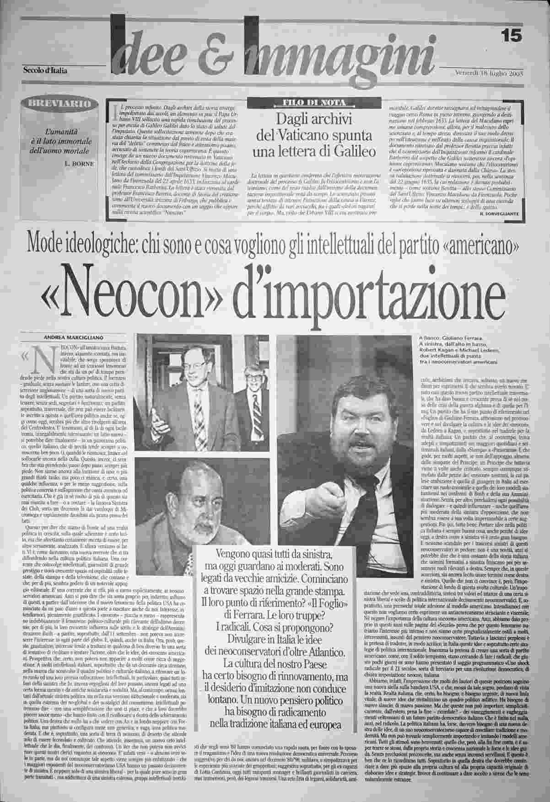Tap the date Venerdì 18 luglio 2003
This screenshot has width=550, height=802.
pyautogui.click(x=489, y=74)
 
